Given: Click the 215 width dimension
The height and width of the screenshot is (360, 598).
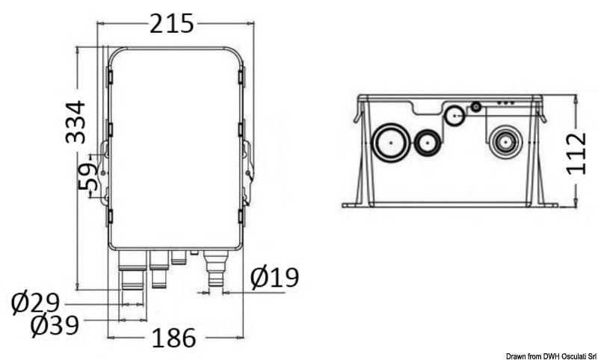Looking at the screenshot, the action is tap(171, 23).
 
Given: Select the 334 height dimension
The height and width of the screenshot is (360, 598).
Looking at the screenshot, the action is tap(75, 122).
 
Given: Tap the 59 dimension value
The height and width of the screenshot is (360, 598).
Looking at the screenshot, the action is tap(88, 177).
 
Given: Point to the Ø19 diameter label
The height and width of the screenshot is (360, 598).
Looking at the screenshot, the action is tap(274, 277).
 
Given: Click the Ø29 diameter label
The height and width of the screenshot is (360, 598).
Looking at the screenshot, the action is tap(35, 304).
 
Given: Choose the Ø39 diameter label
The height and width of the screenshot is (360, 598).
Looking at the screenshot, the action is tap(55, 326).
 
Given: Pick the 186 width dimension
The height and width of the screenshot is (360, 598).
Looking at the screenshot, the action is tap(173, 338).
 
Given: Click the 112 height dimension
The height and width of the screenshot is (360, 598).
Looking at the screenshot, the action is tap(576, 154).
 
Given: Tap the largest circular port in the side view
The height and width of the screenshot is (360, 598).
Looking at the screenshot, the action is tap(391, 143).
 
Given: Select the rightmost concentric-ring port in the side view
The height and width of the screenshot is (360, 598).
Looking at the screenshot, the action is tap(505, 143).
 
